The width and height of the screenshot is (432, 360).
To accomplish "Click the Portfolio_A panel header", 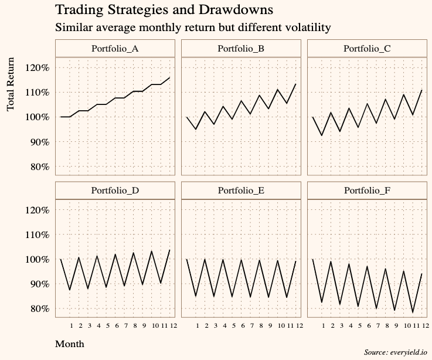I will click(x=115, y=49).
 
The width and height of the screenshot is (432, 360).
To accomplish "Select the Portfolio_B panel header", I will click(x=241, y=49).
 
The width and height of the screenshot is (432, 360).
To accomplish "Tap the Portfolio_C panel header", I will click(x=367, y=49).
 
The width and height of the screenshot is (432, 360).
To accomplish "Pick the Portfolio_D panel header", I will click(x=115, y=191).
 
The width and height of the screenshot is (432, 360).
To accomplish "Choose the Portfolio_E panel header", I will click(x=241, y=191).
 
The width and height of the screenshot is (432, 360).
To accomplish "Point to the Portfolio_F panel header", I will click(x=367, y=191).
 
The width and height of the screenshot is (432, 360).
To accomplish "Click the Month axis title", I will click(x=69, y=344).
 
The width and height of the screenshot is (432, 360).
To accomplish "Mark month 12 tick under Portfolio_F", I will click(x=425, y=325).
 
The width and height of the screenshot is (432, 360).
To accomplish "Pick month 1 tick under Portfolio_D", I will click(x=71, y=325).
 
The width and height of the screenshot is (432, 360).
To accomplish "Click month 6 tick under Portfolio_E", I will click(x=243, y=325).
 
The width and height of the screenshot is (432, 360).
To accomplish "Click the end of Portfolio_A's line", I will click(x=170, y=77).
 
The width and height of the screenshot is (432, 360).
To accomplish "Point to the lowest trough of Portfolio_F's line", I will click(x=413, y=313).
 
